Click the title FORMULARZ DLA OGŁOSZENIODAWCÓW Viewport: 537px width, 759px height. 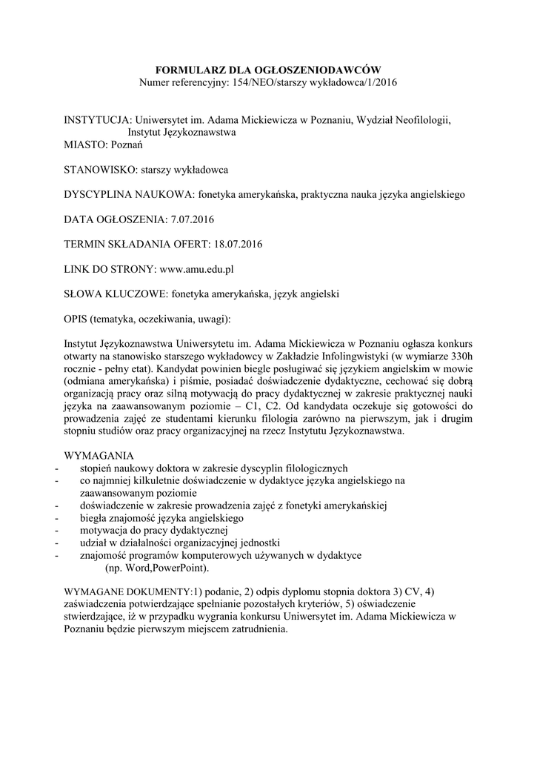point(268,69)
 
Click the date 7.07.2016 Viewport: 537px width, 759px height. point(191,219)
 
